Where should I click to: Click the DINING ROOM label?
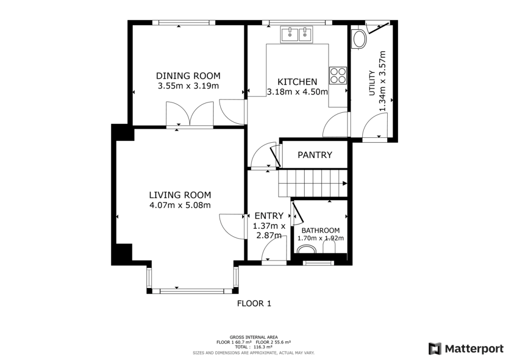(188, 76)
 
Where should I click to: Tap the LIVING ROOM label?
(180, 195)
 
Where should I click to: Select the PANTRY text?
(315, 155)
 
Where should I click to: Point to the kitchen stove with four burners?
(338, 75)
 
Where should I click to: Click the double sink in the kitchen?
(297, 34)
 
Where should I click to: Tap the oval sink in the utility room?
(359, 40)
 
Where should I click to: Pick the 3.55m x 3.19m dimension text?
(188, 86)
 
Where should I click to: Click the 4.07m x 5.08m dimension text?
(180, 205)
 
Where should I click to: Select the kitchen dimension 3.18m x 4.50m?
(297, 92)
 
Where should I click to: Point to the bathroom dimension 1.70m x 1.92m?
(321, 238)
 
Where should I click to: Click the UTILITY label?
(372, 83)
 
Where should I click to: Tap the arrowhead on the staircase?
(345, 183)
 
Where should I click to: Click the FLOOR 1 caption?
(254, 303)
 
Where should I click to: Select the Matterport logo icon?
(435, 349)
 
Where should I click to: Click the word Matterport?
(474, 349)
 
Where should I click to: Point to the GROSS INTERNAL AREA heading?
(254, 337)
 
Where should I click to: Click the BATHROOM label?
(321, 231)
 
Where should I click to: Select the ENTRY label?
(269, 215)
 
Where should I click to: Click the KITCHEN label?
(297, 82)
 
